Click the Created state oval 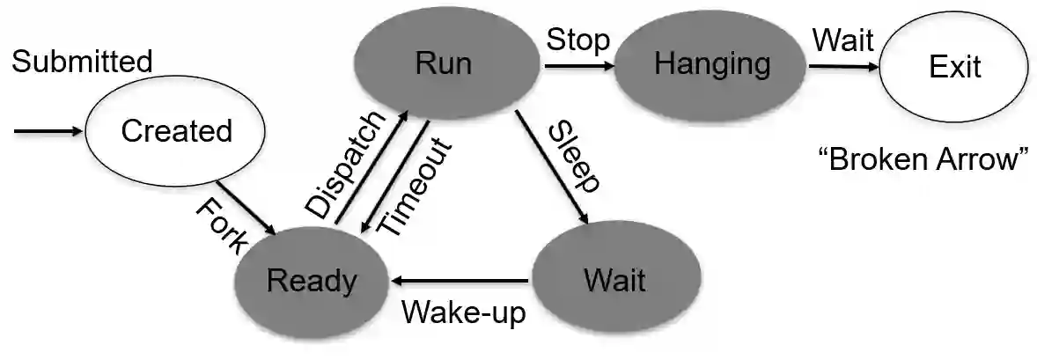point(176,132)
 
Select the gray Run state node point(444,63)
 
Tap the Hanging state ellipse point(712,64)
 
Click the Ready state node point(312,282)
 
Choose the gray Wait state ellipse point(614,281)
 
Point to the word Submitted point(82,62)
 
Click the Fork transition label point(219,226)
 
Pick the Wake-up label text point(464,312)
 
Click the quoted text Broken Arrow point(923,160)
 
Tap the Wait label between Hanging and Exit point(842,40)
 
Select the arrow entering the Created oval point(48,132)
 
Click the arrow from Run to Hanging point(577,65)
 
